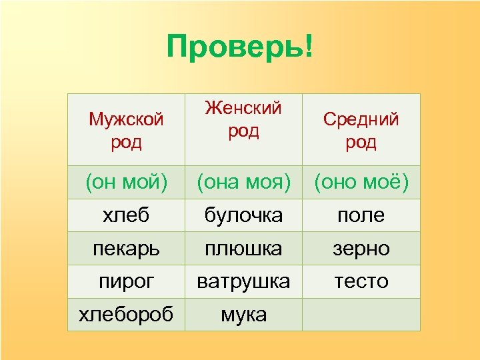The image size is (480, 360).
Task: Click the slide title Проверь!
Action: tap(239, 48)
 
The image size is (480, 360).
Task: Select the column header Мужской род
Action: tap(126, 131)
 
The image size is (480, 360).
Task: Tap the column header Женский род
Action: tap(243, 119)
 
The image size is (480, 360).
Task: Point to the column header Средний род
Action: tap(361, 131)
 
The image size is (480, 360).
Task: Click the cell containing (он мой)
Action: tap(126, 182)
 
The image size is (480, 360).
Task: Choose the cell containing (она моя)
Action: tap(243, 182)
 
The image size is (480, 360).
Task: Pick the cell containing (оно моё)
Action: tap(361, 182)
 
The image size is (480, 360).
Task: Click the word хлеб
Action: tap(126, 215)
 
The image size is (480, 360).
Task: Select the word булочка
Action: tap(243, 215)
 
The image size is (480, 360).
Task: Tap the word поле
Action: tap(361, 215)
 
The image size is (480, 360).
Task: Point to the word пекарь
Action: tap(126, 248)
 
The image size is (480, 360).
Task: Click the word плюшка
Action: tap(243, 248)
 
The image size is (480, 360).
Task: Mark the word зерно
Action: tap(361, 248)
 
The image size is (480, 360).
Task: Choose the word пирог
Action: tap(126, 281)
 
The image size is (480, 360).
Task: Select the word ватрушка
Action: tap(243, 281)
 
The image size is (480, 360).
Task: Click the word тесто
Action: tap(361, 281)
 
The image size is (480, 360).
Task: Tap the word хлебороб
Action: tap(126, 313)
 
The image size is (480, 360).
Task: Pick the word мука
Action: tap(243, 313)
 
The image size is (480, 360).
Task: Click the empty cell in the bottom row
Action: tap(361, 314)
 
